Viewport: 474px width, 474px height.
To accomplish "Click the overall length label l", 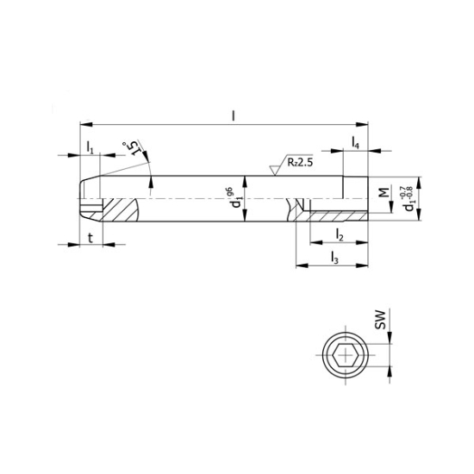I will (234, 112).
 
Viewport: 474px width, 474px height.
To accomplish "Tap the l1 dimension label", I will (90, 147).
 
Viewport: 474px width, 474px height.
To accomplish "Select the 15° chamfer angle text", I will (130, 150).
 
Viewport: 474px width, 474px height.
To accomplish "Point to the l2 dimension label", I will (340, 234).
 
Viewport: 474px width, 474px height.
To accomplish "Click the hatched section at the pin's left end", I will (120, 209).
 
